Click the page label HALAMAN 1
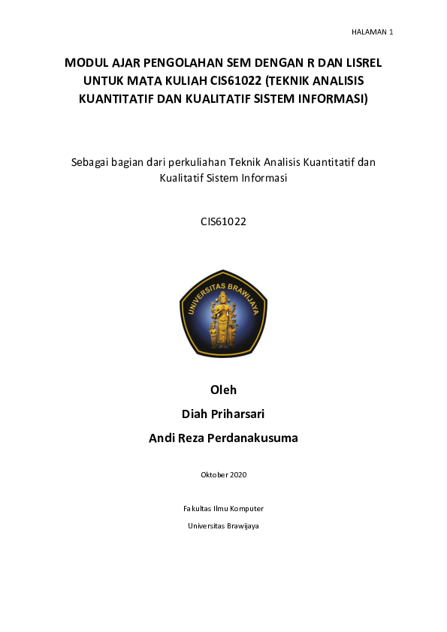pyautogui.click(x=372, y=32)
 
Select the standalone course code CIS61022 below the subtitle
pyautogui.click(x=223, y=221)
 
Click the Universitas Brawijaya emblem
pyautogui.click(x=223, y=313)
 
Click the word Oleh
pyautogui.click(x=223, y=390)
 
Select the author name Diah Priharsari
pyautogui.click(x=223, y=414)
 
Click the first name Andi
pyautogui.click(x=162, y=438)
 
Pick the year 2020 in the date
pyautogui.click(x=238, y=474)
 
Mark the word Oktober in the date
pyautogui.click(x=214, y=474)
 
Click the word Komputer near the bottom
pyautogui.click(x=246, y=508)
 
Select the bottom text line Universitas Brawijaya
pyautogui.click(x=223, y=526)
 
